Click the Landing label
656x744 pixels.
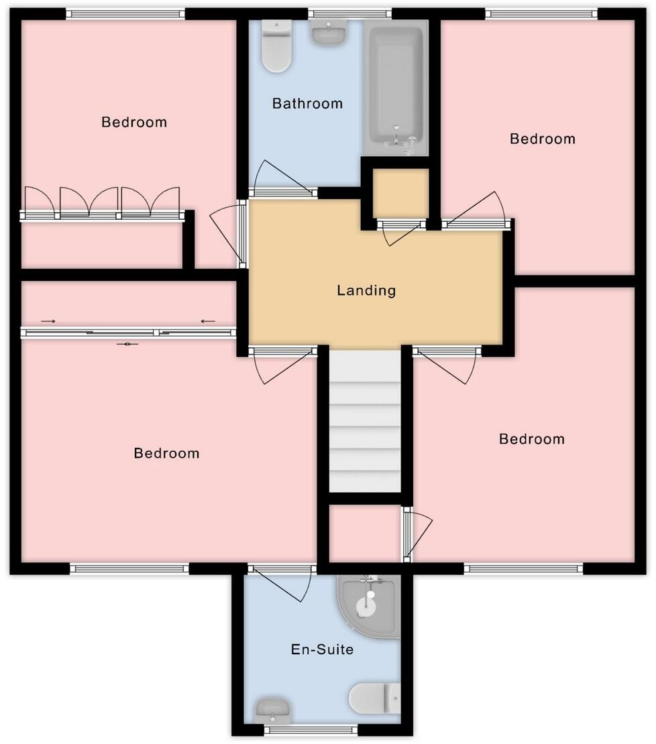tap(366, 291)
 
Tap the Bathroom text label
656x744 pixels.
tap(307, 104)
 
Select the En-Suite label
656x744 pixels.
tap(322, 649)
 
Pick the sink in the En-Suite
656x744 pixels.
tap(272, 709)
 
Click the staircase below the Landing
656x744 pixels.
tap(365, 422)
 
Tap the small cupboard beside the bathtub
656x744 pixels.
tap(400, 193)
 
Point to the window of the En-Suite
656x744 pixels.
tap(311, 730)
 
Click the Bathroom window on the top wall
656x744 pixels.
tap(350, 13)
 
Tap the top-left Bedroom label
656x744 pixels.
tap(134, 122)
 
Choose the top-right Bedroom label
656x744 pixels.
tap(543, 139)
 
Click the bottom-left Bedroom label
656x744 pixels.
tap(166, 453)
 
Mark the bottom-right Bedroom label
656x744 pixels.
tap(532, 439)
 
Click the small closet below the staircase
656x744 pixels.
tap(365, 533)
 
